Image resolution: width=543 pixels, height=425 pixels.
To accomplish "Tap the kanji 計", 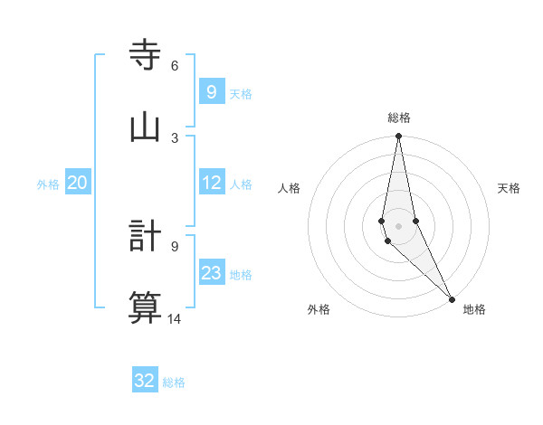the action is [145, 235].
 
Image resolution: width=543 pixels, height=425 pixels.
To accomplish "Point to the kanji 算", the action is [145, 307].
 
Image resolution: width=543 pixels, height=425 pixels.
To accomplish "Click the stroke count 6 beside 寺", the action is [175, 66].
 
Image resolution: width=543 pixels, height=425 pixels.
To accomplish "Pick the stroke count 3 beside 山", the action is [175, 137].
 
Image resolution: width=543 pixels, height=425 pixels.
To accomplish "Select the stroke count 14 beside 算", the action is [175, 318].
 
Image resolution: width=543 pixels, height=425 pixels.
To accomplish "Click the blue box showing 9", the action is [211, 92].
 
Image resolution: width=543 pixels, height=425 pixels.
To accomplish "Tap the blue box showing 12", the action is [211, 183].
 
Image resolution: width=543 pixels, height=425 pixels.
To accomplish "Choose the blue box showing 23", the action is [211, 273].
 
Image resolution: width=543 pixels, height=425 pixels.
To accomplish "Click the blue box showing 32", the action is [145, 381].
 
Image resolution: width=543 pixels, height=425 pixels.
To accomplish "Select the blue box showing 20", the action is [77, 183].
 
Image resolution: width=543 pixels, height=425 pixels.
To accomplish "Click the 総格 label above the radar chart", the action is [399, 118].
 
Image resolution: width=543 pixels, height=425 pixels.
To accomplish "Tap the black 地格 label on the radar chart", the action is [474, 309].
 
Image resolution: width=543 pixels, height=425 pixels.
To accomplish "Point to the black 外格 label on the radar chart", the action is [319, 309].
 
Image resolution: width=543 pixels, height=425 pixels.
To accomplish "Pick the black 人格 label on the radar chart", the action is [289, 188].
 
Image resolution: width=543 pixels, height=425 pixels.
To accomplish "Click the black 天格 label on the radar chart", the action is [509, 188].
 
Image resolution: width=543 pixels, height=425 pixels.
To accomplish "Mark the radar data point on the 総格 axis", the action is [398, 137].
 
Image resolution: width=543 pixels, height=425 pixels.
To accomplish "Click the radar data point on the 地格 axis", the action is [452, 299].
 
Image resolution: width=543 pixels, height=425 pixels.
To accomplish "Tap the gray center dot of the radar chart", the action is [398, 226].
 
